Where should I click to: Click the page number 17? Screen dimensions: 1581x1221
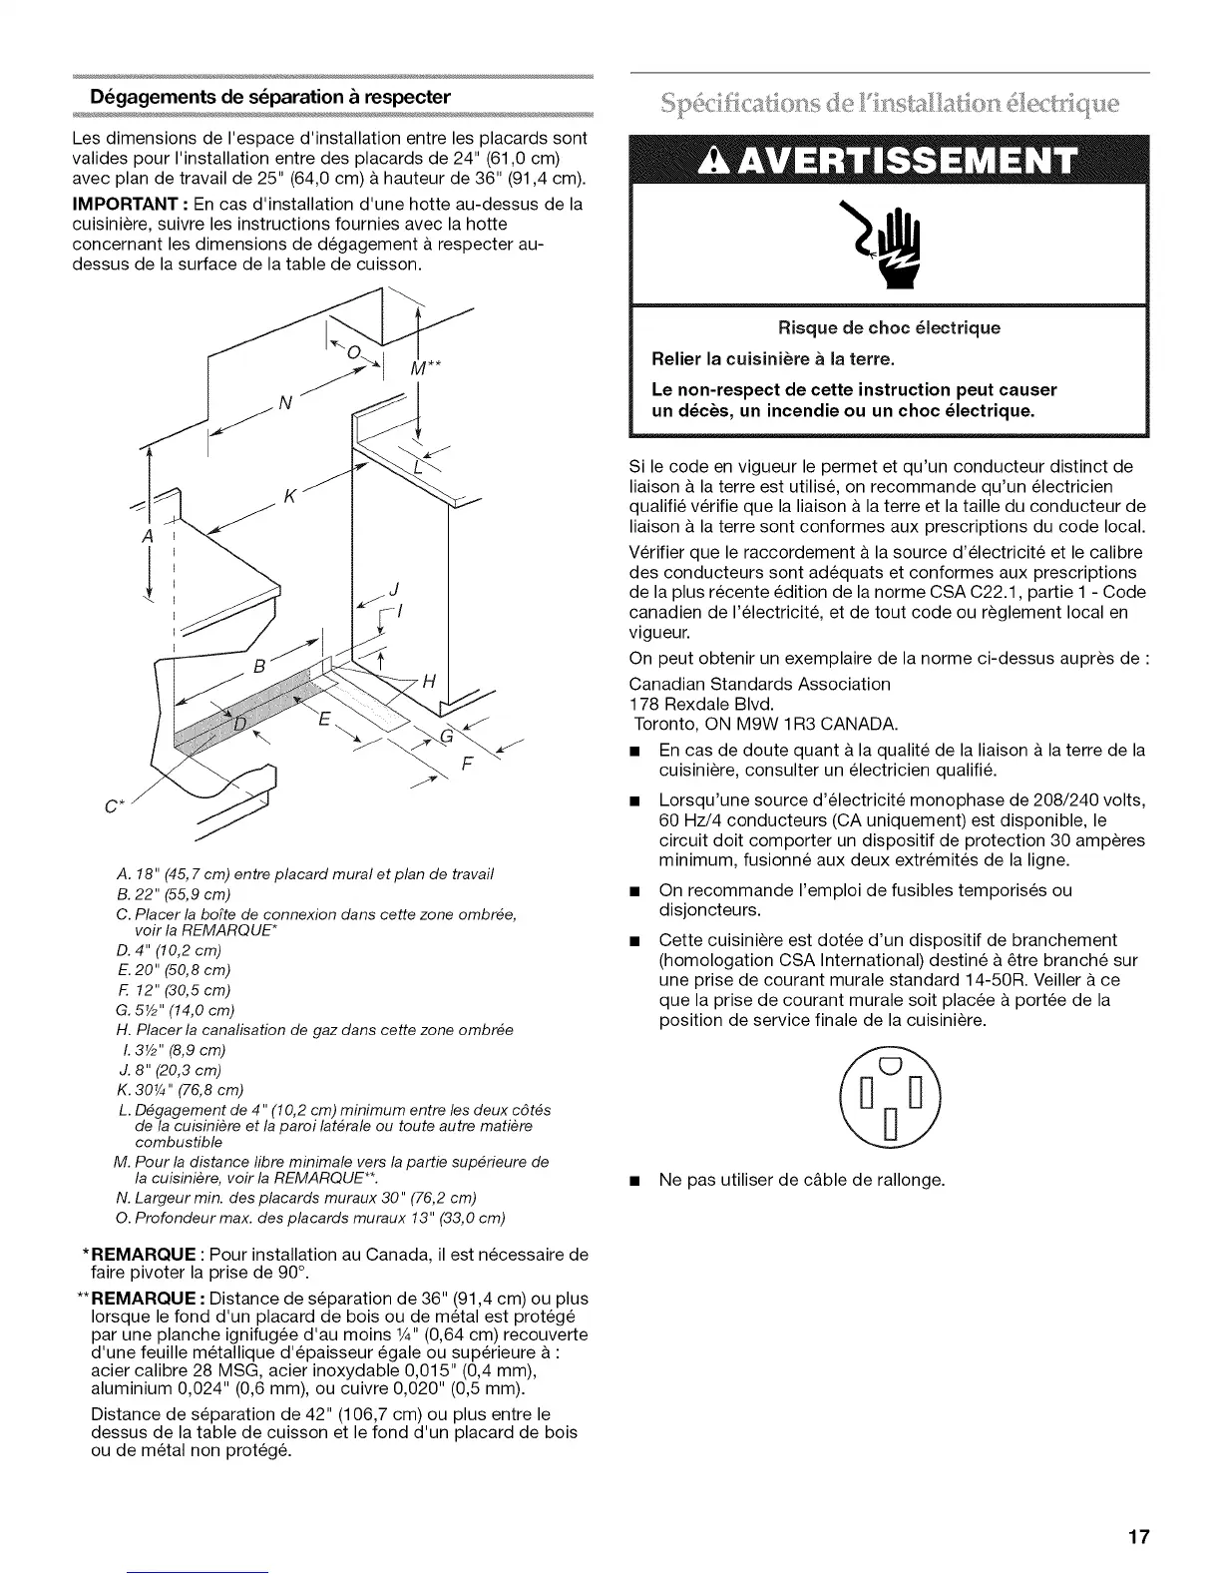[x=1139, y=1536]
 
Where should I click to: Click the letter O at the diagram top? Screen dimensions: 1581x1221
[x=351, y=352]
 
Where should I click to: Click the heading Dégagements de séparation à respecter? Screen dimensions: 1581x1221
[x=270, y=97]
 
